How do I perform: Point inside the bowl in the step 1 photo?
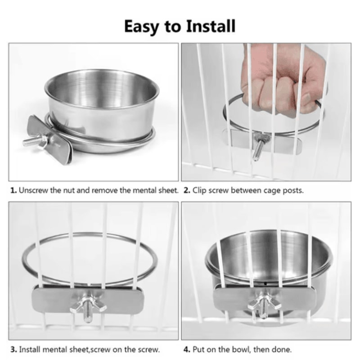coord(101,90)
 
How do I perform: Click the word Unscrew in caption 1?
coord(33,190)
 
